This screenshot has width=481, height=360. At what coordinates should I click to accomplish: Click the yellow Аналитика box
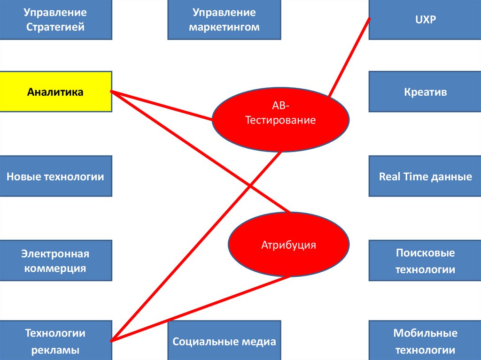coord(55,92)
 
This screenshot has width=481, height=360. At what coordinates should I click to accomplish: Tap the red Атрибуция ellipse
coord(288,245)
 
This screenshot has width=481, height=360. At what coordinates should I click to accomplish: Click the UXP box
coord(425,20)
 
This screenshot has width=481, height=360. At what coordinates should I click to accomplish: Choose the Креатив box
coord(425,91)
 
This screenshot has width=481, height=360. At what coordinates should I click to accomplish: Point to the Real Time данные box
coord(425,176)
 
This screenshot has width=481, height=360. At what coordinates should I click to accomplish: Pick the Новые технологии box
coord(55,176)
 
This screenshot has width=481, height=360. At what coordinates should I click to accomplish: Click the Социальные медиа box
coord(224,341)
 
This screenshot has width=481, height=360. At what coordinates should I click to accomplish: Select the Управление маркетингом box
coord(224,20)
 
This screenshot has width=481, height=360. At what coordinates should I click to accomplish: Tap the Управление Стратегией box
coord(55,20)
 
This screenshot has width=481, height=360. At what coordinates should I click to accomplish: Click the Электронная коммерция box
coord(55,261)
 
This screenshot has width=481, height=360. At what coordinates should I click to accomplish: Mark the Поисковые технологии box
coord(425,261)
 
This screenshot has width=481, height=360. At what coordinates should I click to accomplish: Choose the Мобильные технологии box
coord(425,341)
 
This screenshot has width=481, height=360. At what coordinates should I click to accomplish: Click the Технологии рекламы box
coord(55,341)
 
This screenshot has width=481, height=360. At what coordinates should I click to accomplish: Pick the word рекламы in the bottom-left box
coord(55,350)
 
